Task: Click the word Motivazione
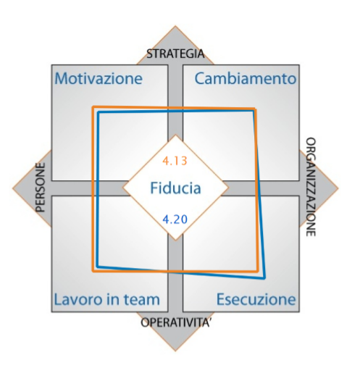coord(99,78)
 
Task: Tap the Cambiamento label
coord(246,78)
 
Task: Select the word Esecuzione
coord(256,299)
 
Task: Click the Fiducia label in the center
coord(175,188)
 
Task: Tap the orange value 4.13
coord(175,161)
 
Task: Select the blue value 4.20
coord(175,219)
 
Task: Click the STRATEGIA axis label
coord(175,54)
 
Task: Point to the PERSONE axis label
coord(41,188)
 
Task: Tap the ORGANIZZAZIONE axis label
coord(311,187)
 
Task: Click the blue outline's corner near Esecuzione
coord(264,278)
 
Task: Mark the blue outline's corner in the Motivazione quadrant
coord(99,112)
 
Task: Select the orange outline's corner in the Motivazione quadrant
coord(93,107)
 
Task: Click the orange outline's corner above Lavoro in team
coord(93,271)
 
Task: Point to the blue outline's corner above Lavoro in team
coord(97,267)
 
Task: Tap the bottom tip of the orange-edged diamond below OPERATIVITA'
coord(175,351)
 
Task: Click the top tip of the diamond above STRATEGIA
coord(175,26)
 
